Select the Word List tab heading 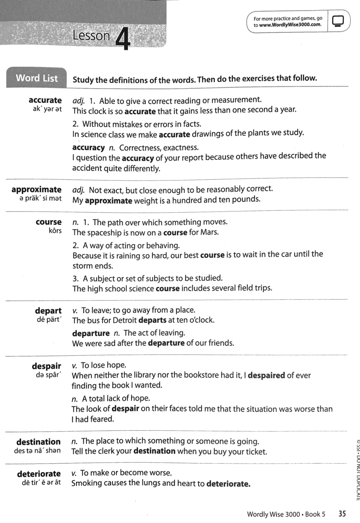click(x=37, y=78)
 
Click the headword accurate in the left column click(x=45, y=100)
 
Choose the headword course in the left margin click(x=49, y=222)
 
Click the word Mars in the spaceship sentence click(x=209, y=232)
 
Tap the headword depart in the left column click(x=48, y=310)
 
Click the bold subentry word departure click(x=91, y=333)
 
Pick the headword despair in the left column click(x=46, y=366)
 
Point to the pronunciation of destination click(x=38, y=450)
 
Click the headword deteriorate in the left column click(x=39, y=474)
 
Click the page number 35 click(x=342, y=513)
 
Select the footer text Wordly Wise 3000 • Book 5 click(x=286, y=514)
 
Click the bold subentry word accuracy click(x=89, y=148)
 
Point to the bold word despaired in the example click(x=266, y=375)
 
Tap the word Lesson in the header click(x=91, y=36)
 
